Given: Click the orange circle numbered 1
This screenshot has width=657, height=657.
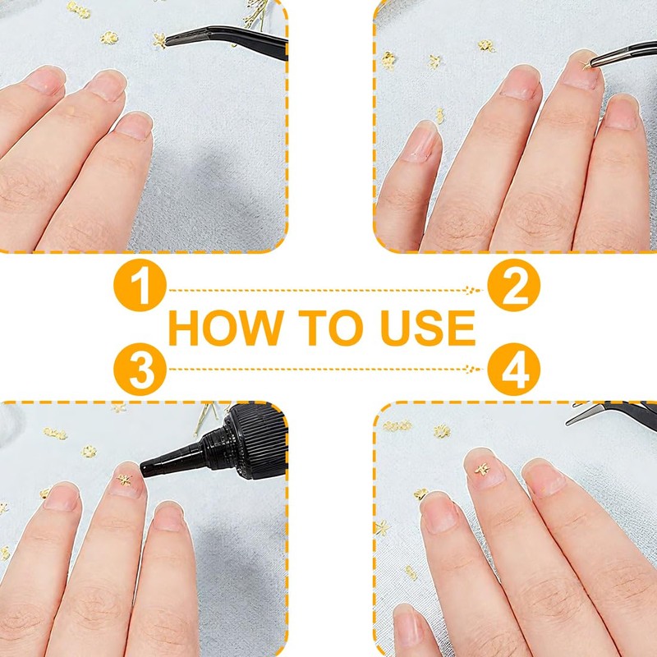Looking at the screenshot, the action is coord(140,285).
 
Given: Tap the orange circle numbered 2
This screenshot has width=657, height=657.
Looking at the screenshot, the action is coord(514,285).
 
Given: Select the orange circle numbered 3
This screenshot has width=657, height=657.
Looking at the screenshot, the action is coord(140,369).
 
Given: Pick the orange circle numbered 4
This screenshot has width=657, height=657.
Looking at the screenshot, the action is coord(514,369).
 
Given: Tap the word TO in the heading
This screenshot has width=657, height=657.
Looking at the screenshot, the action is coord(331,328).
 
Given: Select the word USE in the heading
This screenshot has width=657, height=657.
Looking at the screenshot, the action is coord(428,328).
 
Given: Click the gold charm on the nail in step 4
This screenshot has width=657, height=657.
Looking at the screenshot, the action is coord(482,469).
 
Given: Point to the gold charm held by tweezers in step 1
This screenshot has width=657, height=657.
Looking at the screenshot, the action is coord(160,40).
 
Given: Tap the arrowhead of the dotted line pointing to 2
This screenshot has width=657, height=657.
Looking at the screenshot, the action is coord(473,290).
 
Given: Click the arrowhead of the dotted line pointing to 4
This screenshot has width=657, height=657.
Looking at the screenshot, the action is coord(473,369).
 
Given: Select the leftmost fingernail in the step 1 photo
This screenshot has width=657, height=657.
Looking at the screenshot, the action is coord(45,80).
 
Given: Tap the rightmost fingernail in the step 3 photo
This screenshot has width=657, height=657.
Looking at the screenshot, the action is coord(168,517).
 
